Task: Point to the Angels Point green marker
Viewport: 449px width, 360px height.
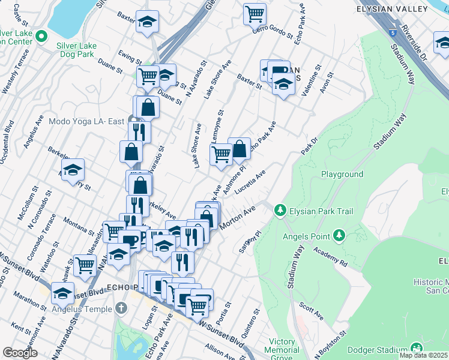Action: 339,235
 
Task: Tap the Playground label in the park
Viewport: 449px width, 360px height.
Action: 342,174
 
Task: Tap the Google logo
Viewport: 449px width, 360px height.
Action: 20,352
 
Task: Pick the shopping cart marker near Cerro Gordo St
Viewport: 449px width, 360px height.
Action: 255,13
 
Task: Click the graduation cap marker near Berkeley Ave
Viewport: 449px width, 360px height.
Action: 73,170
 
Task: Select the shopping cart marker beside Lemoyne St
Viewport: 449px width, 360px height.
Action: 221,154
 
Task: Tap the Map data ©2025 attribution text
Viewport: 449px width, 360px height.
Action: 423,355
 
